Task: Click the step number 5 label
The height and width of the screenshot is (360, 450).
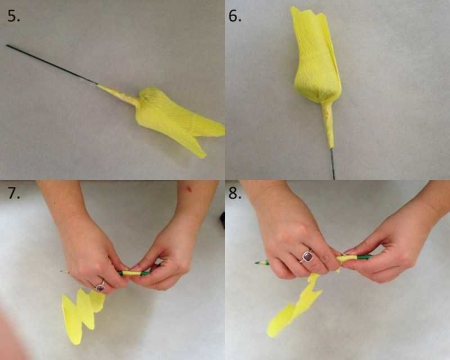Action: [x=13, y=16]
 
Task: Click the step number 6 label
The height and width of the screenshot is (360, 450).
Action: [x=235, y=16]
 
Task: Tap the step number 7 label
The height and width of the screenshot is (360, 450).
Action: [x=13, y=192]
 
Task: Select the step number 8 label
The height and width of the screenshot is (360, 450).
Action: [x=235, y=192]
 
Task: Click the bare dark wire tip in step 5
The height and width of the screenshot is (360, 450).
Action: [x=7, y=46]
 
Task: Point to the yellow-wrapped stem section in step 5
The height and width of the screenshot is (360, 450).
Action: [x=118, y=95]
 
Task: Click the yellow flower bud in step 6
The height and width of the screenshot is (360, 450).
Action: [x=316, y=56]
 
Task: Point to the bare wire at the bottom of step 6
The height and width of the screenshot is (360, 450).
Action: [x=332, y=164]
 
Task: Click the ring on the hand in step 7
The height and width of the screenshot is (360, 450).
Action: [x=101, y=286]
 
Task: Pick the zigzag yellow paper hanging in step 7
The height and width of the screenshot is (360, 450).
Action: [x=82, y=315]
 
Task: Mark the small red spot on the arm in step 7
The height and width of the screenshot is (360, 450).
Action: [x=188, y=188]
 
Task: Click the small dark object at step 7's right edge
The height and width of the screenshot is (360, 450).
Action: [x=222, y=220]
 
